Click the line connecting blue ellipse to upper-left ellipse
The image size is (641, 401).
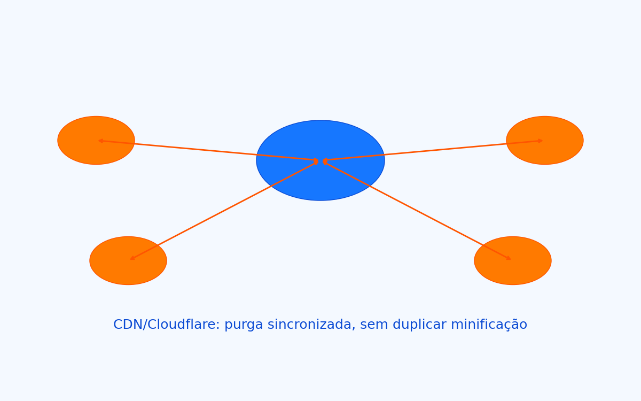click(x=208, y=150)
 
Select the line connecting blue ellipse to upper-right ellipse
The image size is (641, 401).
click(x=433, y=150)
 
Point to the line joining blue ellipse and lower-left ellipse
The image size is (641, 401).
click(x=224, y=210)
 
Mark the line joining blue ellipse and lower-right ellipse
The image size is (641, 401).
click(x=417, y=210)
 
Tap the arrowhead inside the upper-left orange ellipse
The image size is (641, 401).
click(x=100, y=141)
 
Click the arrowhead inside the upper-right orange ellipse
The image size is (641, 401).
click(x=541, y=141)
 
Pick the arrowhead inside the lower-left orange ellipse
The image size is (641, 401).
click(x=132, y=258)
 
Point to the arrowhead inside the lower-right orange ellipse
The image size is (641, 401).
click(x=509, y=258)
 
